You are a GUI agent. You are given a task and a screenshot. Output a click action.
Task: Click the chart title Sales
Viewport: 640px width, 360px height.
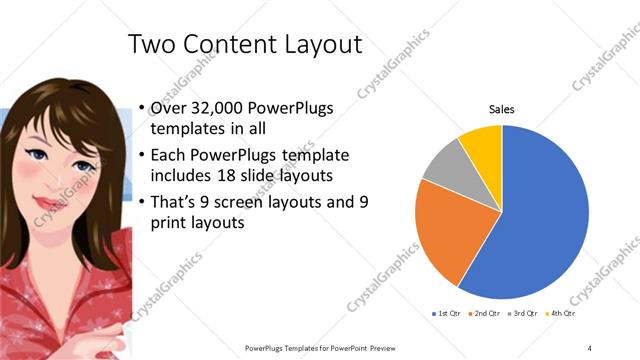click(x=501, y=109)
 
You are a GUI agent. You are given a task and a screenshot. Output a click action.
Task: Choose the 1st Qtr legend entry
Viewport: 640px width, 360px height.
click(x=446, y=313)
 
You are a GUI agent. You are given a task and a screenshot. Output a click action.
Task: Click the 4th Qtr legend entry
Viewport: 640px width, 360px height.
click(x=562, y=313)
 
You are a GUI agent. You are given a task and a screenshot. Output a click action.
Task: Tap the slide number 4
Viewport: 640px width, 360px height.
click(x=590, y=347)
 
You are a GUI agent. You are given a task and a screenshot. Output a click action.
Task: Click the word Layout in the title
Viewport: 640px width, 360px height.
click(x=322, y=46)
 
